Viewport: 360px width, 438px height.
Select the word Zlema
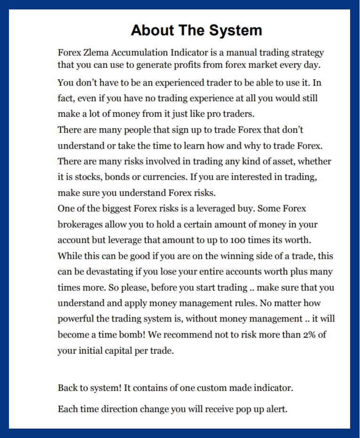point(96,52)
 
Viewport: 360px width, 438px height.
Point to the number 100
point(240,240)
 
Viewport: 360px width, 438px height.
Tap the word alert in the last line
point(274,409)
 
